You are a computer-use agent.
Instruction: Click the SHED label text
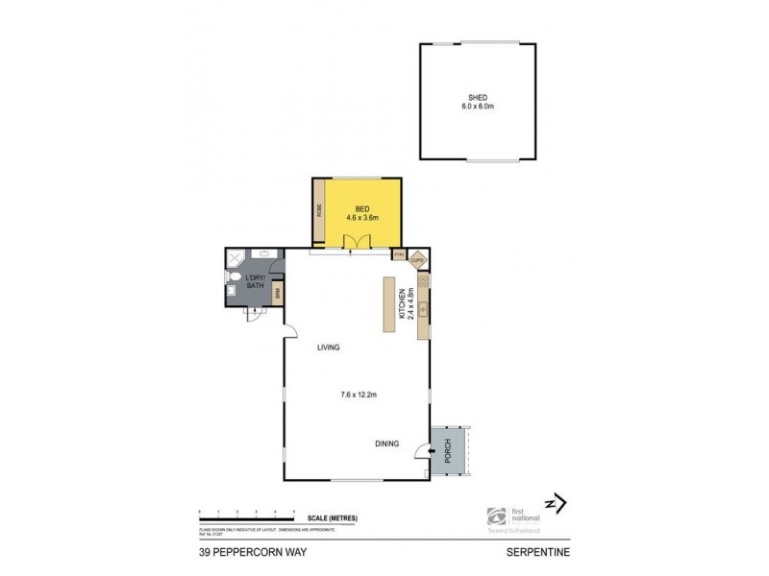tap(477, 97)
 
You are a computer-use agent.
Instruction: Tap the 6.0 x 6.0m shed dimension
tap(477, 107)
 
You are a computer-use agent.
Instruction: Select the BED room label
tap(362, 208)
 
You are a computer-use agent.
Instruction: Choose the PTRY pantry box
tap(399, 255)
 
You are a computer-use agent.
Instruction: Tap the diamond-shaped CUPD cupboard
tap(417, 259)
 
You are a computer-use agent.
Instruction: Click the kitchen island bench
tap(389, 305)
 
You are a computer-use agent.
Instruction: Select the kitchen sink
tap(422, 308)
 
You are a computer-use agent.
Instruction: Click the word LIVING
tap(330, 348)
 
